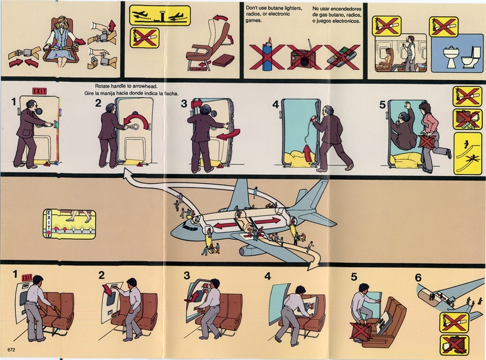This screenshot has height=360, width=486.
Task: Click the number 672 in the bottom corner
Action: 11,350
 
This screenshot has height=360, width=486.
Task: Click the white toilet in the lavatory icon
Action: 469,57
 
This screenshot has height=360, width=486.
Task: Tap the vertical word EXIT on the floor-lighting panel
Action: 48,222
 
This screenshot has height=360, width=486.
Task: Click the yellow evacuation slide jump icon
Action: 464,153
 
